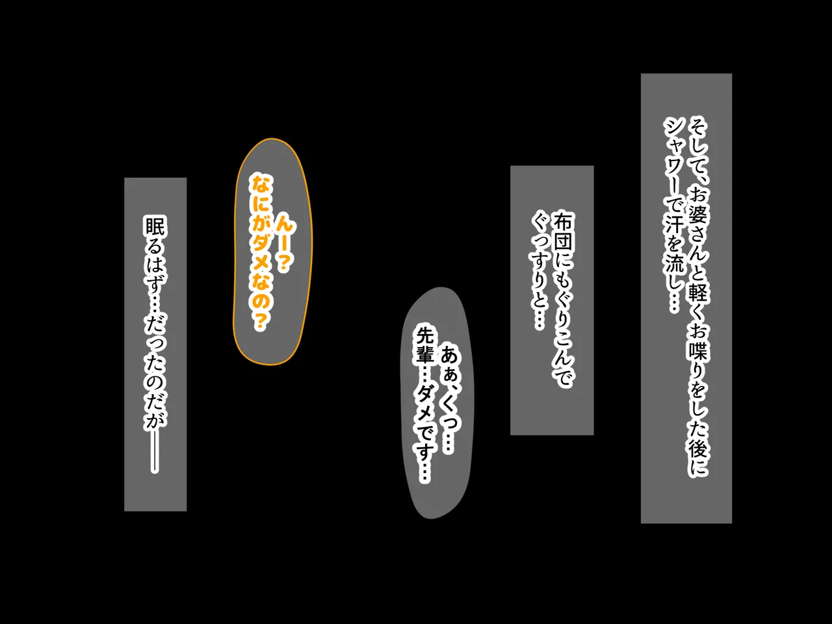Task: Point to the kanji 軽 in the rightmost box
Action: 698,291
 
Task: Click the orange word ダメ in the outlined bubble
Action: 261,252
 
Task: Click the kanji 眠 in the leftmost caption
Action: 155,227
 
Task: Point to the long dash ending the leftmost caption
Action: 155,453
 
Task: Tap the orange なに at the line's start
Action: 261,193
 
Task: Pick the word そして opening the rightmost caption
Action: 698,149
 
